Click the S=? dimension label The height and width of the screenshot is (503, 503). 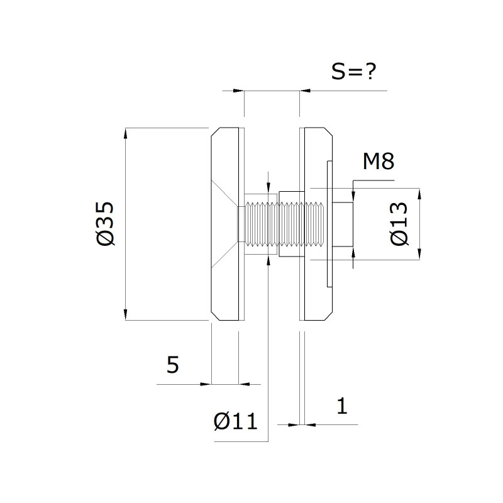[x=353, y=71]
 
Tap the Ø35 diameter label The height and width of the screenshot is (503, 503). [x=105, y=224]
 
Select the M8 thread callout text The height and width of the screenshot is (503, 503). [x=379, y=161]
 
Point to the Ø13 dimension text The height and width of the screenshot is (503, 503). [x=399, y=224]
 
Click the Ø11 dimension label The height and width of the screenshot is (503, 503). [x=235, y=421]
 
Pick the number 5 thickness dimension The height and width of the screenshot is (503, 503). [x=172, y=365]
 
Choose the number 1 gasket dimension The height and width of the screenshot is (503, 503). [x=342, y=406]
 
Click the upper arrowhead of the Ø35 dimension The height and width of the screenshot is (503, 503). [x=125, y=133]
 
